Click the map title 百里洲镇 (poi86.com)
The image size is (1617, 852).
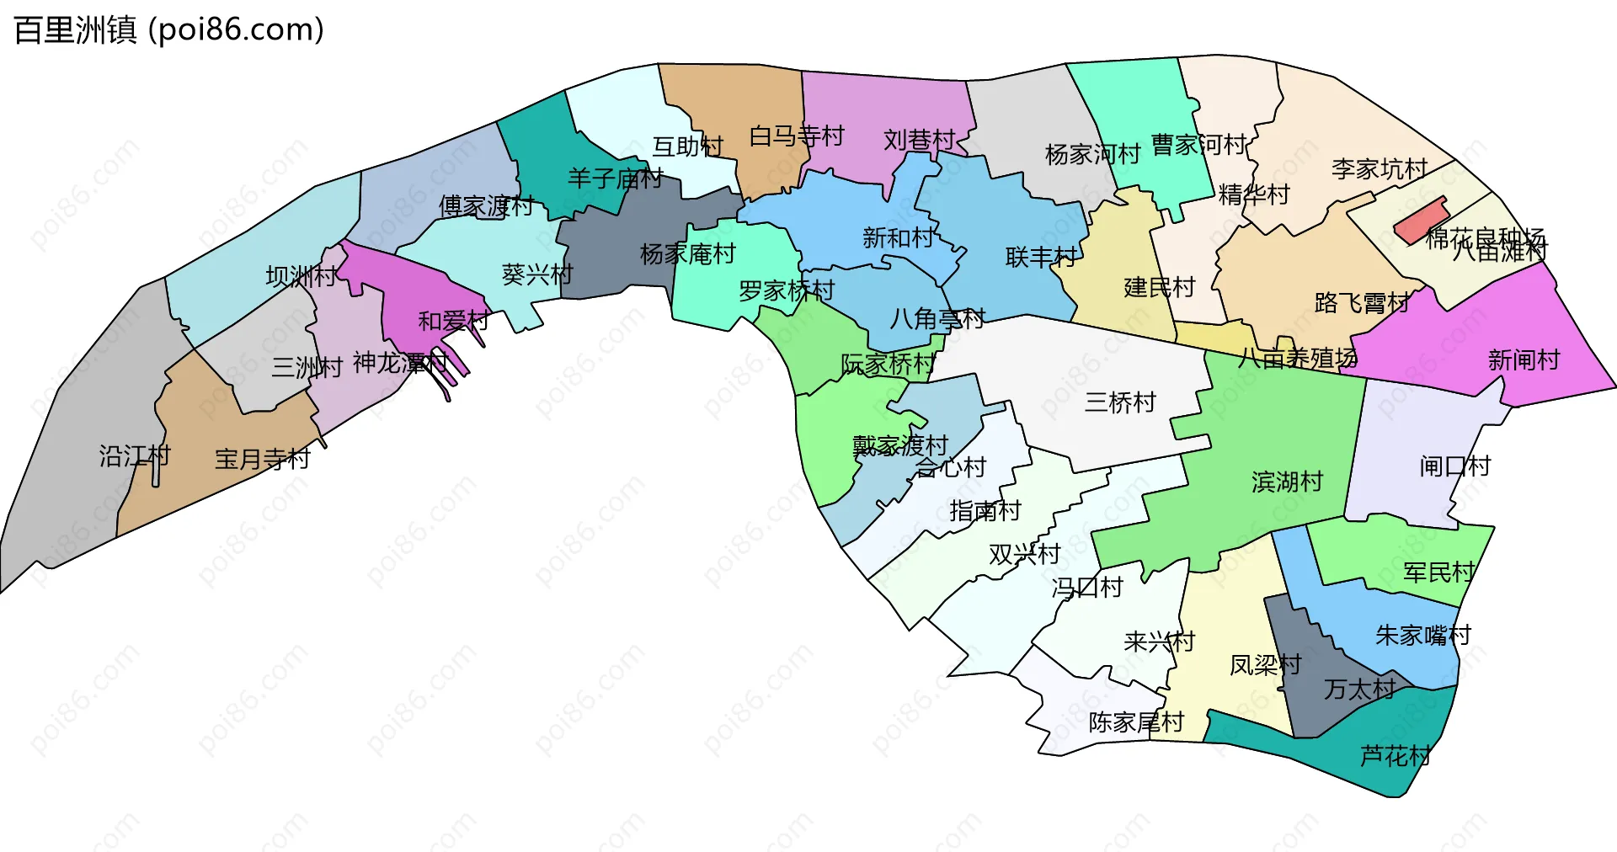tap(168, 30)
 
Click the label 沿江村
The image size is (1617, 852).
tap(135, 456)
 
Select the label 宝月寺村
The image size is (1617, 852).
tap(263, 459)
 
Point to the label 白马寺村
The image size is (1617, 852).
tap(797, 136)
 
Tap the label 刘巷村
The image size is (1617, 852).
tap(919, 140)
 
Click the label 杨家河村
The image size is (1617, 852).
tap(1092, 154)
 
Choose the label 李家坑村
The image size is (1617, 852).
tap(1380, 169)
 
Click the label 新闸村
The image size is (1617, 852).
tap(1524, 360)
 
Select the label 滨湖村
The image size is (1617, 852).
tap(1287, 482)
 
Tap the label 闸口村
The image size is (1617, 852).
tap(1454, 466)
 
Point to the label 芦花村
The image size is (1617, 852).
tap(1395, 756)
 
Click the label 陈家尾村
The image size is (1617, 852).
tap(1136, 722)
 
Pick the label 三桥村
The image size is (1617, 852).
tap(1120, 402)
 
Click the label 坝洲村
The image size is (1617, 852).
tap(301, 276)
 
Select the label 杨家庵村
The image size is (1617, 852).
tap(687, 253)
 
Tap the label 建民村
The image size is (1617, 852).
tap(1159, 288)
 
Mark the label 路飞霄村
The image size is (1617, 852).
tap(1362, 303)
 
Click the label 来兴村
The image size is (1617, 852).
tap(1159, 642)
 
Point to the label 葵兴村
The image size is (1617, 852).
tap(536, 274)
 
